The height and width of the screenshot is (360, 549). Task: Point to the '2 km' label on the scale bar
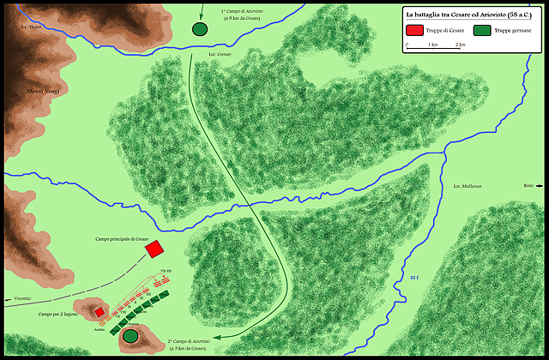tap(461, 44)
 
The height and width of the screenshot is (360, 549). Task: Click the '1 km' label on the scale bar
tap(434, 44)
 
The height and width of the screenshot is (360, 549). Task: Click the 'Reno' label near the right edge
tap(528, 185)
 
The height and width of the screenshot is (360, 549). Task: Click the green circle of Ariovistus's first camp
tap(200, 29)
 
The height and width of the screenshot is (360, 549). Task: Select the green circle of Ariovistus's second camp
tap(131, 337)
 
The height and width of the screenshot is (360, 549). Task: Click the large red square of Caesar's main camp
tap(155, 249)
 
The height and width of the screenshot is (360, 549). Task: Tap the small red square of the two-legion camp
tap(100, 312)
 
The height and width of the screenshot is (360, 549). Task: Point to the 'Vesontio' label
tap(22, 298)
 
